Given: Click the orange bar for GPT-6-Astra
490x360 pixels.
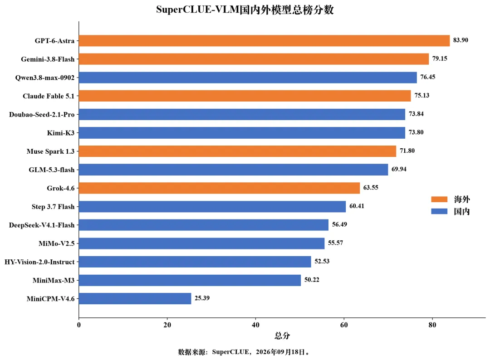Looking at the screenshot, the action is tap(265, 41).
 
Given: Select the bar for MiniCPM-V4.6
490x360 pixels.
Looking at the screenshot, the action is tap(135, 298).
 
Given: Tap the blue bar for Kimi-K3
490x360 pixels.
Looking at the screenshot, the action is tap(242, 133).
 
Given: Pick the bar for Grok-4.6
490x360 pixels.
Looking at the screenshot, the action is tap(220, 188).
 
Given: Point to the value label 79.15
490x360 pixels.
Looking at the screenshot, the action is tap(440, 58).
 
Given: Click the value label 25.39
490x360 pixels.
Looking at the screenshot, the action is tap(202, 298).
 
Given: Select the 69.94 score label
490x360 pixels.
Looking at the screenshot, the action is tap(399, 169).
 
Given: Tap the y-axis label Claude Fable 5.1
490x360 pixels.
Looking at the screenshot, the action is tap(49, 96).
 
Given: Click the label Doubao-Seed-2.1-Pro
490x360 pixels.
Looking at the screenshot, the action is tap(42, 114).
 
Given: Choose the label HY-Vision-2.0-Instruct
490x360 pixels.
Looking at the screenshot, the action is tap(39, 262).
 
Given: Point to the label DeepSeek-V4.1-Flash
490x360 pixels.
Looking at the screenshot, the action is tap(42, 225).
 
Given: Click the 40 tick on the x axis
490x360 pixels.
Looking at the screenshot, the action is tap(255, 325).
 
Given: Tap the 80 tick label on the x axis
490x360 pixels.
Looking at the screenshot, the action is tap(432, 325).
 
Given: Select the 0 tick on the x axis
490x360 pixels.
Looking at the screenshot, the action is tap(79, 325).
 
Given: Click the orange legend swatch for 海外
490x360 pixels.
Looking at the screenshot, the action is tap(439, 199).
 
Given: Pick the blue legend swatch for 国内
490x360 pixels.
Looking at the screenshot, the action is tap(439, 211).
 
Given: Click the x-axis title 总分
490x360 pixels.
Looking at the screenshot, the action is tap(282, 336).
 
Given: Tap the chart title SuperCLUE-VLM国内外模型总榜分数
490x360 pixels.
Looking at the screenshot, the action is tap(245, 10).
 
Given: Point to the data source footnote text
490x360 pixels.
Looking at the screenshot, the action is tap(244, 352).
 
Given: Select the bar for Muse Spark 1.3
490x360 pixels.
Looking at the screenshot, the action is tap(237, 151).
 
